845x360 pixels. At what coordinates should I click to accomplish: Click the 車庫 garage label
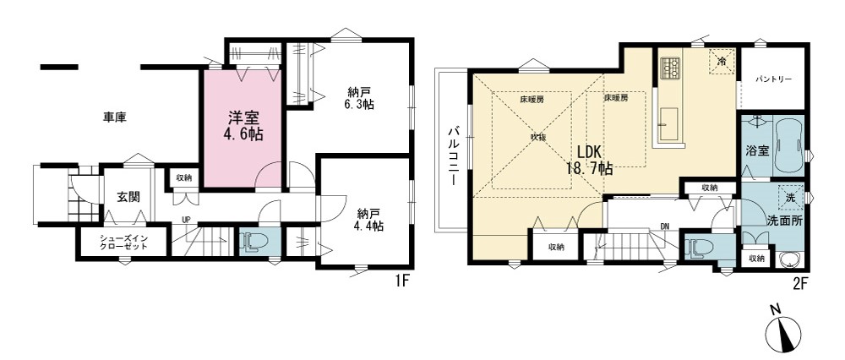click(x=115, y=117)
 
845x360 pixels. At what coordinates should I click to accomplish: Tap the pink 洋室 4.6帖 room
click(x=243, y=128)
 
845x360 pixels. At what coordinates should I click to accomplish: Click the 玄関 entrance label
click(x=128, y=197)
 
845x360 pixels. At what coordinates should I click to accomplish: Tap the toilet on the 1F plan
click(x=251, y=242)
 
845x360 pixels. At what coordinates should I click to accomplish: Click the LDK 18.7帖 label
click(x=589, y=160)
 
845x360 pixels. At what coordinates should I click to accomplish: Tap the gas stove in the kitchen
click(x=670, y=67)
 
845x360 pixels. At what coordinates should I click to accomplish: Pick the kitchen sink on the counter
click(x=668, y=123)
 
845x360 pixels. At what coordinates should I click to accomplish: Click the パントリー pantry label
click(x=773, y=79)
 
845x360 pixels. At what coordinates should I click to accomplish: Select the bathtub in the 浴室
click(x=788, y=145)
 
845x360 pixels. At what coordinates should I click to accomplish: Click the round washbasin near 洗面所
click(x=791, y=261)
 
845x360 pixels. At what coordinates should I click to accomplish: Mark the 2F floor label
click(x=798, y=282)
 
